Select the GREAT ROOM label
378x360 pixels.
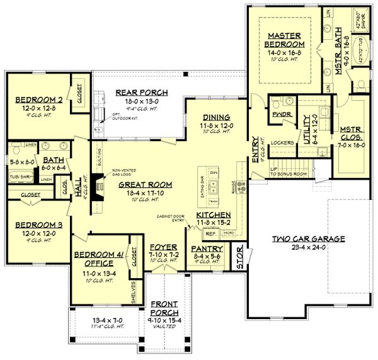tap(142, 185)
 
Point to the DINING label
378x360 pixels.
tap(216, 117)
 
